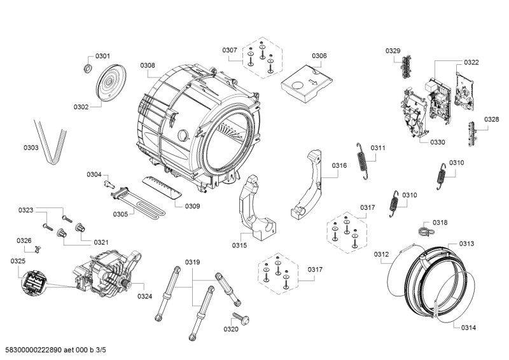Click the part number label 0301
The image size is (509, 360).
[102, 57]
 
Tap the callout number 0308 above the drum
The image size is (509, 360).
[148, 65]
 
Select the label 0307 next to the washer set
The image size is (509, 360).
[230, 50]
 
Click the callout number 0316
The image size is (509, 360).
[338, 165]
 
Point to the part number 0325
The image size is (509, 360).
[18, 261]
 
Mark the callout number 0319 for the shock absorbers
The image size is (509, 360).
[193, 262]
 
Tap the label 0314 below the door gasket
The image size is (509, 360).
[467, 328]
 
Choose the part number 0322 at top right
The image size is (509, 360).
[471, 62]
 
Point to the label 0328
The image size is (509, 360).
[491, 119]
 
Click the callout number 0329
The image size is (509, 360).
[393, 50]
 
